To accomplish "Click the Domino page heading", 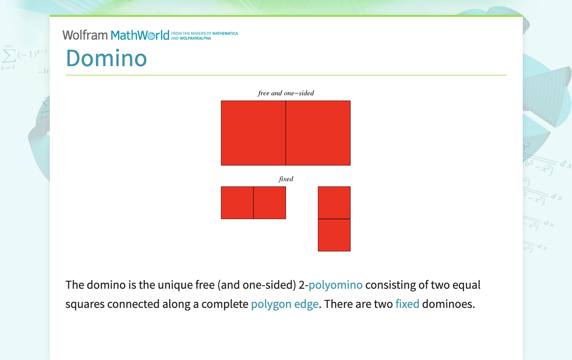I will coord(106,58).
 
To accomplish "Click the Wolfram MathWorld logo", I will coord(116,35).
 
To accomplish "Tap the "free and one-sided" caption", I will coord(286,93).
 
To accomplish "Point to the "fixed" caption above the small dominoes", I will coord(286,179).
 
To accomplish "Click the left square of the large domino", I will coord(253,133).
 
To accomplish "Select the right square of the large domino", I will coord(318,133).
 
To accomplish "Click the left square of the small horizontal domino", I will coord(237,202).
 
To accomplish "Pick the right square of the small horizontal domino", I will coord(270,202).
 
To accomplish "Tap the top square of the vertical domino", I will coord(334,202).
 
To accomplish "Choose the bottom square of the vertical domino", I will coord(334,235).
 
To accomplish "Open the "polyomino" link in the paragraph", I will coord(335,285).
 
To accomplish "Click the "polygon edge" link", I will coord(285,304).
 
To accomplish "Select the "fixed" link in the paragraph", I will coord(407,304).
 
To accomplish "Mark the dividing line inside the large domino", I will coord(286,133).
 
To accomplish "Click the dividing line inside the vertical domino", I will coord(334,219).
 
